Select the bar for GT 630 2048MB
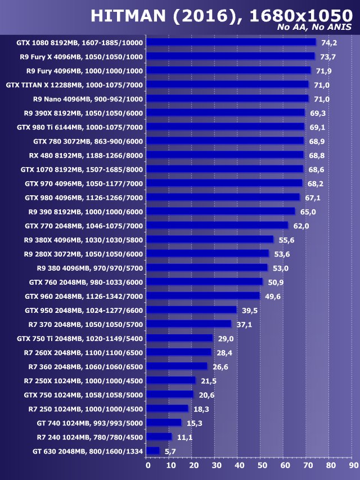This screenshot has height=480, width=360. (x=152, y=451)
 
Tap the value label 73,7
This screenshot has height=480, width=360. (x=328, y=57)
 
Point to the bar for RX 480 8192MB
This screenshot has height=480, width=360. (x=224, y=155)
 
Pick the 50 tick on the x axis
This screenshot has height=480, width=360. (x=262, y=465)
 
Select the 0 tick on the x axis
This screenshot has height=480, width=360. (x=147, y=465)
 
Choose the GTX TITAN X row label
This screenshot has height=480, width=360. (x=74, y=85)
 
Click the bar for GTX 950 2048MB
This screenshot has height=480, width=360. (x=191, y=310)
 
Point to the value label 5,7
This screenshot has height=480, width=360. (x=171, y=451)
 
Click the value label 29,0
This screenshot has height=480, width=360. (x=226, y=338)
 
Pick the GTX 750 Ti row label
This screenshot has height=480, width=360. (x=80, y=338)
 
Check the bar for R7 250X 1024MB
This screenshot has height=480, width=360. (x=170, y=380)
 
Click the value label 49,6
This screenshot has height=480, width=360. (x=273, y=296)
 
